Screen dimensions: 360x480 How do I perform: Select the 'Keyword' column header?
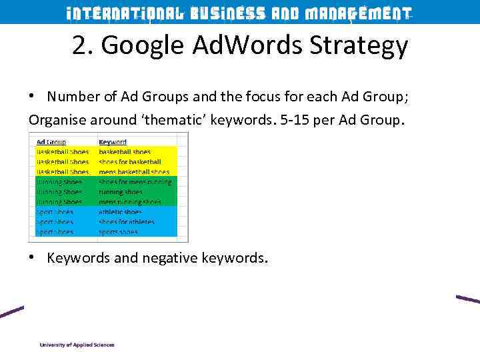[113, 142]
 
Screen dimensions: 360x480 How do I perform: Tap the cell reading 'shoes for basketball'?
[130, 162]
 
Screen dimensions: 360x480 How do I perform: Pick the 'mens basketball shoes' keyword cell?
[134, 172]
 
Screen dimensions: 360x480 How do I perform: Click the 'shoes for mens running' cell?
[135, 182]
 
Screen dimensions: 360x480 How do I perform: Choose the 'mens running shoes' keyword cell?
[130, 202]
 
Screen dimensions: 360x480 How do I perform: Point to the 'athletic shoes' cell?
[120, 212]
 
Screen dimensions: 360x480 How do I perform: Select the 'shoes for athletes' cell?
[127, 222]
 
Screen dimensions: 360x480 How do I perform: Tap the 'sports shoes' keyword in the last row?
[118, 232]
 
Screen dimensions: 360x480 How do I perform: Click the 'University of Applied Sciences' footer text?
[77, 345]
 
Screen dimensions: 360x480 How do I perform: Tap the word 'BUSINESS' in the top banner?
[227, 13]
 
